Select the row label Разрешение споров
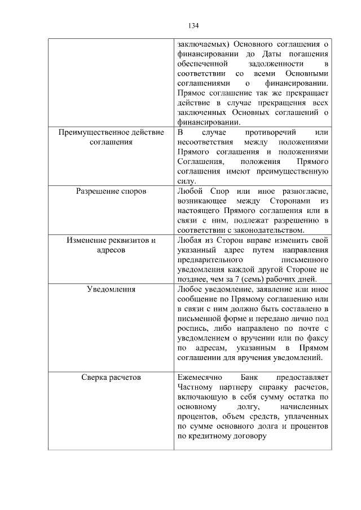(111, 191)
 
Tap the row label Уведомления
(111, 289)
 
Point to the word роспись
(191, 328)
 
